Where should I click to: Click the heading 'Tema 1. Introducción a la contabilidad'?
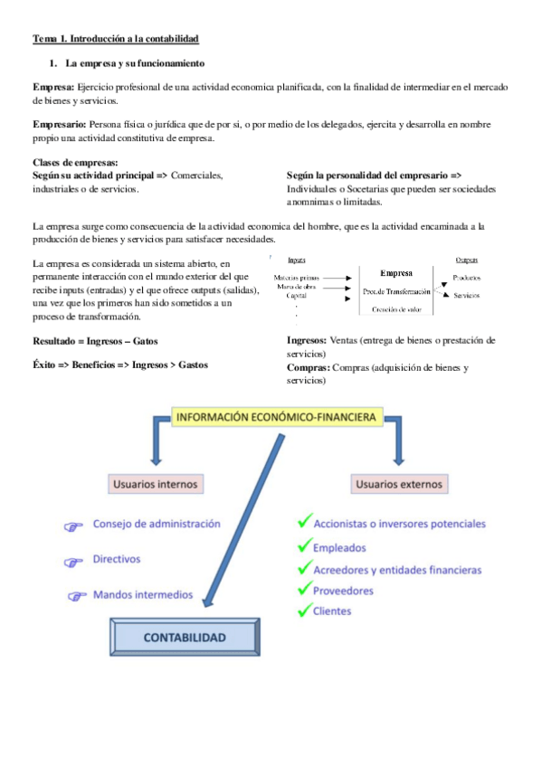pyautogui.click(x=116, y=39)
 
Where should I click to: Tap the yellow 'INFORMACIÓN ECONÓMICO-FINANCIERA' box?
pyautogui.click(x=278, y=417)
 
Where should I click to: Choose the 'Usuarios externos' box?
pyautogui.click(x=399, y=484)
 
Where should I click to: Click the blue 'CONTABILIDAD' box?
pyautogui.click(x=185, y=637)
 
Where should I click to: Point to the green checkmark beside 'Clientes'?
pyautogui.click(x=304, y=611)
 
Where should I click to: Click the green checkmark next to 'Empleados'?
pyautogui.click(x=304, y=546)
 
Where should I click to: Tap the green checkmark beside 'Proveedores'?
pyautogui.click(x=304, y=590)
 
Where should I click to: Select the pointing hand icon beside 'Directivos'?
pyautogui.click(x=73, y=562)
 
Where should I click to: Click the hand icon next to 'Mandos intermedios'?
pyautogui.click(x=77, y=596)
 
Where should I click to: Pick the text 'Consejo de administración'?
pyautogui.click(x=157, y=524)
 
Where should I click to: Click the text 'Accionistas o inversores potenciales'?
pyautogui.click(x=399, y=523)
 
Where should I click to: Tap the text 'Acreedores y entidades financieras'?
pyautogui.click(x=396, y=570)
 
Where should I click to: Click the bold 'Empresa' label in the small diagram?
pyautogui.click(x=396, y=272)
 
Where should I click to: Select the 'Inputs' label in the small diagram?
pyautogui.click(x=296, y=259)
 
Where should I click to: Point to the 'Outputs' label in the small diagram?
pyautogui.click(x=467, y=259)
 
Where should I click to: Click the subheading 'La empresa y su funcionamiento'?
pyautogui.click(x=135, y=63)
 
